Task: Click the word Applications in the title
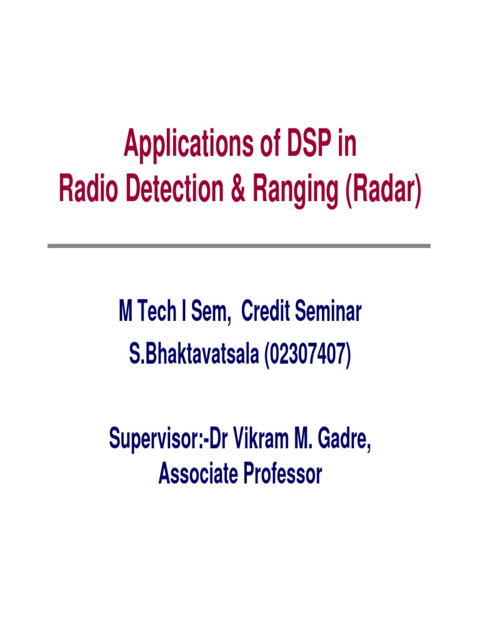181,145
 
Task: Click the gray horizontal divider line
239,246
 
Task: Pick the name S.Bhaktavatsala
194,355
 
